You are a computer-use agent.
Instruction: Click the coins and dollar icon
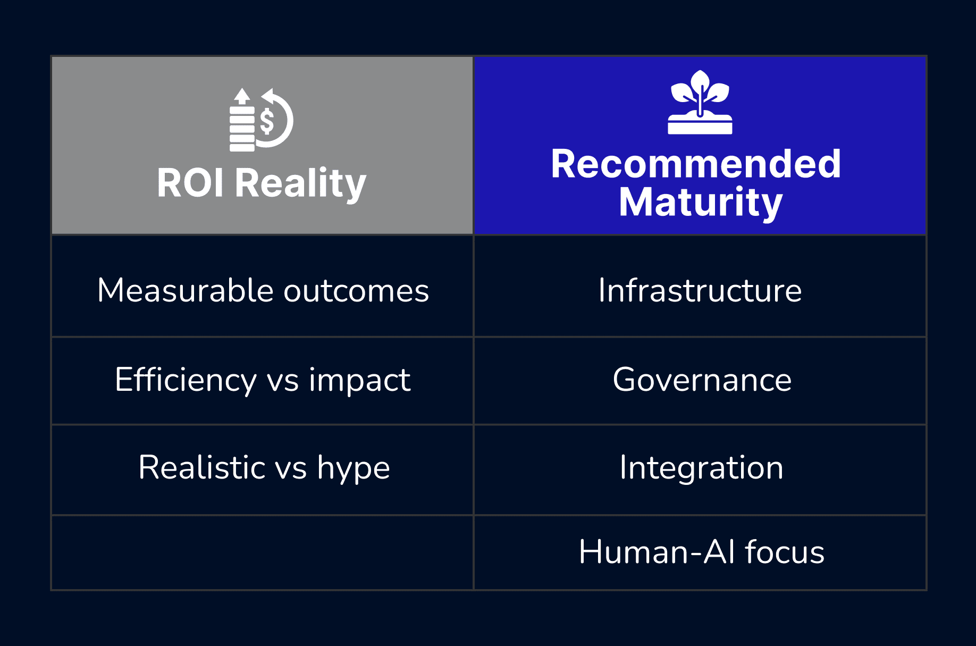[261, 120]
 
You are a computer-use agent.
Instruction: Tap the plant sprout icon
[700, 102]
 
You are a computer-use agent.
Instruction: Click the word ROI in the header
[190, 183]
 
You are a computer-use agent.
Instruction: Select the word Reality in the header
[300, 184]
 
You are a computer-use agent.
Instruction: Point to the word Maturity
[701, 203]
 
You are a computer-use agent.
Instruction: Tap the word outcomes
[356, 291]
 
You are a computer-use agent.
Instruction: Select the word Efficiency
[186, 381]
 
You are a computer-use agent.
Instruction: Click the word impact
[359, 382]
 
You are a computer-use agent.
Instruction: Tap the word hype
[354, 469]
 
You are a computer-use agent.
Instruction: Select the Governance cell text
[702, 380]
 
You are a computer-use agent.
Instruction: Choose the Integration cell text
[701, 468]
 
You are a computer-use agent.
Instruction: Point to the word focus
[785, 551]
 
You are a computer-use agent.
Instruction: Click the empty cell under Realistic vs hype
[262, 552]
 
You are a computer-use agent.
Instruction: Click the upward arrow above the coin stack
[242, 96]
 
